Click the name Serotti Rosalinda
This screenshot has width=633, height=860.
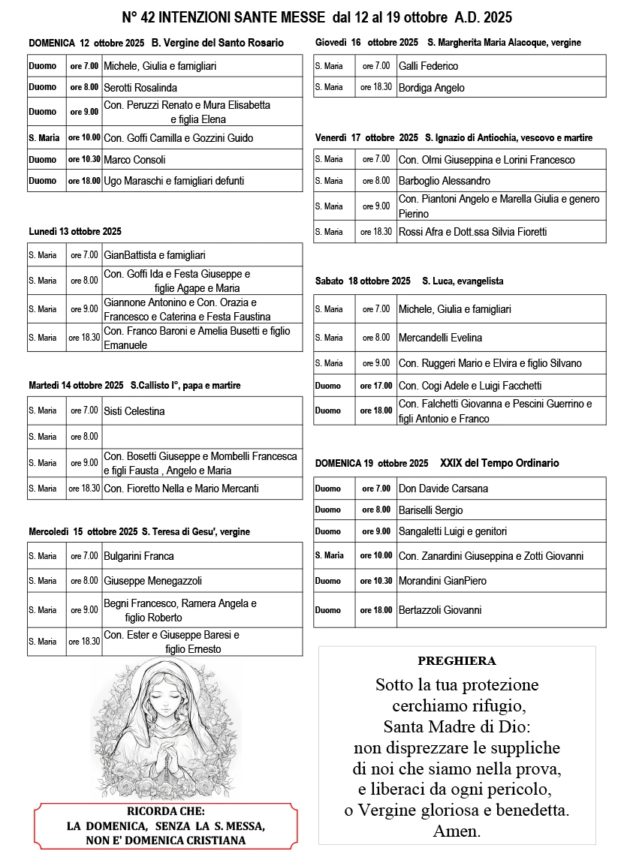(x=140, y=88)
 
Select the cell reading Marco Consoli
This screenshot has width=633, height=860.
(x=134, y=160)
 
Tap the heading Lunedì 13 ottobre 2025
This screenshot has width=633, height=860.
(x=75, y=232)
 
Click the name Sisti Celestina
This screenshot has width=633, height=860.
(x=134, y=411)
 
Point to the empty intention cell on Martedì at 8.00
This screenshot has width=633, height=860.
(x=202, y=437)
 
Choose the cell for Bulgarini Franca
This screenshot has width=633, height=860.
(x=139, y=556)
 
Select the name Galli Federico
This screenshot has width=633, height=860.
(x=428, y=66)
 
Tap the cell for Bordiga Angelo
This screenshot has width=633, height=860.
(x=431, y=88)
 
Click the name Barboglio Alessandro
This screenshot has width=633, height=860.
(x=444, y=181)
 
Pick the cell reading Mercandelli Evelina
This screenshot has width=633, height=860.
(x=440, y=338)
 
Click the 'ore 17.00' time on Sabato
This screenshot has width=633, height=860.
(x=375, y=386)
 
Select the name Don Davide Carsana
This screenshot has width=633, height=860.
(x=443, y=489)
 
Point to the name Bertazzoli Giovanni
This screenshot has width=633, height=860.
(x=439, y=610)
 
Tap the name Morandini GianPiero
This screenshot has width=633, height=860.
(x=442, y=581)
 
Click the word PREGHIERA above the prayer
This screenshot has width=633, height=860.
(x=457, y=661)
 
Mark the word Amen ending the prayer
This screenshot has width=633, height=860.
(x=457, y=831)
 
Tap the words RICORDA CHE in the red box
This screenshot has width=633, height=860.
(x=166, y=811)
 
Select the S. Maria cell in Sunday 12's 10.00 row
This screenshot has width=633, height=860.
(x=44, y=138)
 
